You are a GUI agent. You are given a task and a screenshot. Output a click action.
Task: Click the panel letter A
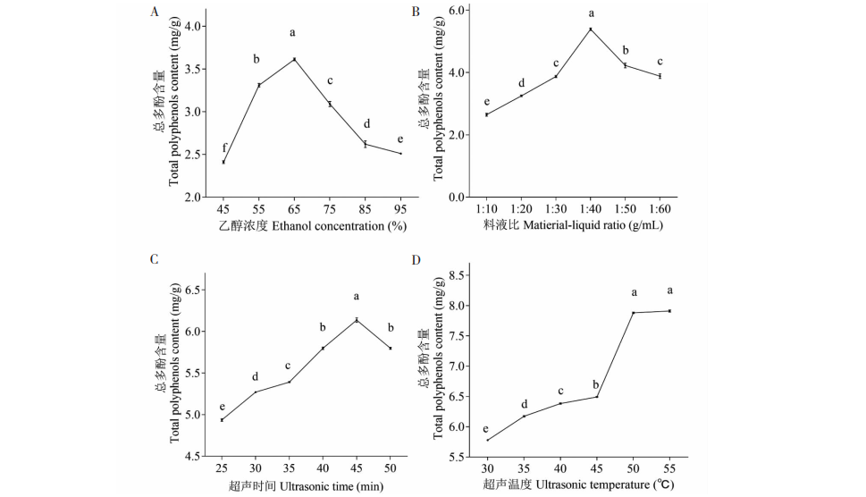point(156,12)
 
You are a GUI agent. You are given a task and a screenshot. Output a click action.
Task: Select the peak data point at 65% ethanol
point(294,60)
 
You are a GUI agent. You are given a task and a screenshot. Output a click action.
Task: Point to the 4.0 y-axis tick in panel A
point(191,27)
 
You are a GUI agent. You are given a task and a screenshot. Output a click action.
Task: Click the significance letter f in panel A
point(223,147)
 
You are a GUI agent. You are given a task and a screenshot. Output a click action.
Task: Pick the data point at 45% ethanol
point(223,162)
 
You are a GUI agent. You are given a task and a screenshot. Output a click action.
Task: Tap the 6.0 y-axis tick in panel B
point(456,10)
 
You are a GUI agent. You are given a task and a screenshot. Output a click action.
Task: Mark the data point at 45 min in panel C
point(356,320)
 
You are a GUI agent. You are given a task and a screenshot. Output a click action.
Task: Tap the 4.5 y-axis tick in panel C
point(191,456)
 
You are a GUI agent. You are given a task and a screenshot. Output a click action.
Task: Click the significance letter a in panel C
point(356,296)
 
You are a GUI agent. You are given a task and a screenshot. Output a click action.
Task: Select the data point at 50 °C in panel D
point(634,313)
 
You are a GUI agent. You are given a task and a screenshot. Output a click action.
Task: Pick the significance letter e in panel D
point(485,428)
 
